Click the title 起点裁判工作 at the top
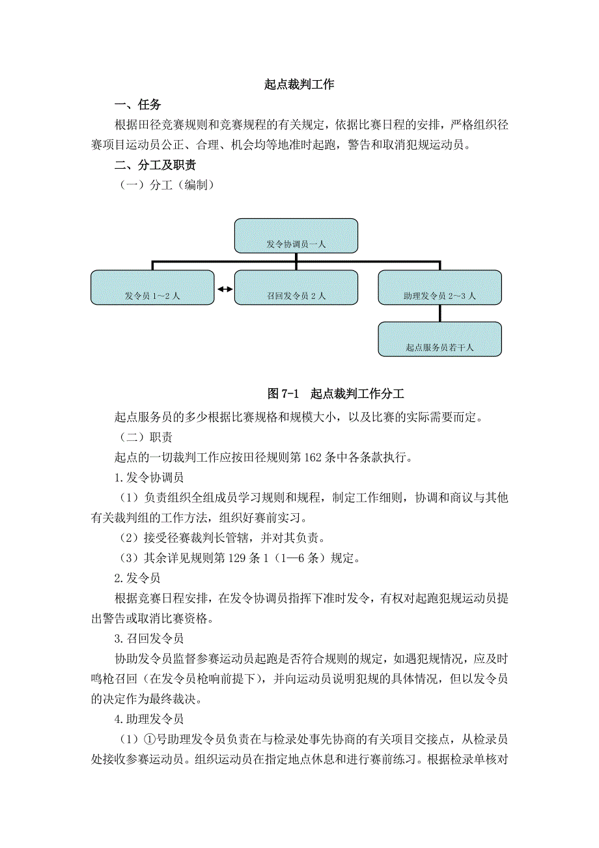click(299, 85)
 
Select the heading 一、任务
click(137, 105)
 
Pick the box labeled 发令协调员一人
click(296, 236)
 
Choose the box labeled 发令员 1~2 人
click(152, 287)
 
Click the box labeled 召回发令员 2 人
click(296, 287)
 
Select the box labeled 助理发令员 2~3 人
click(439, 287)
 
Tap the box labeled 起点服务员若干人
click(439, 339)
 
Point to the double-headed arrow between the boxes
click(225, 289)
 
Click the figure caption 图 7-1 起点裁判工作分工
click(336, 394)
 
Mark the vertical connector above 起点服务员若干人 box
click(439, 313)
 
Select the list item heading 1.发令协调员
click(148, 477)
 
